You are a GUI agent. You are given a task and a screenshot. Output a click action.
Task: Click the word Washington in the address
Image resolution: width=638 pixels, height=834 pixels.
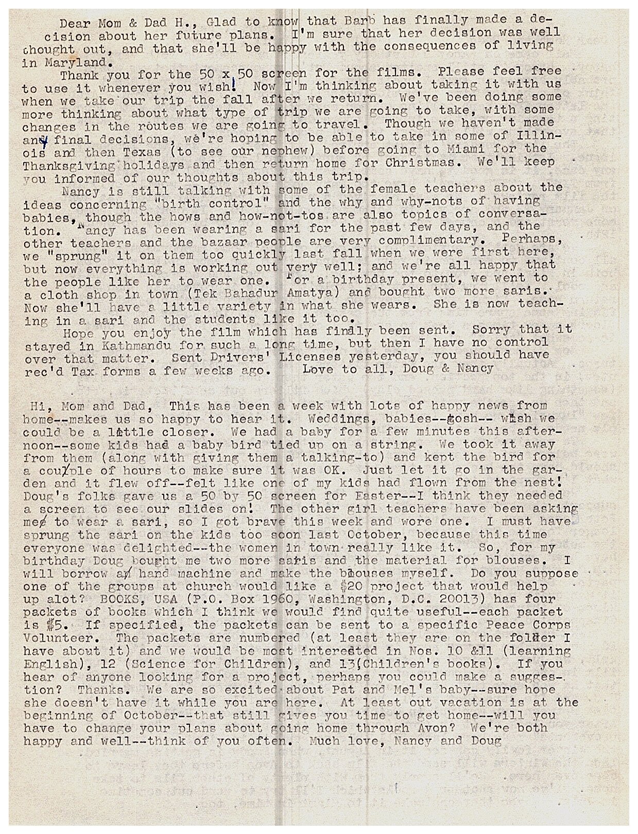[x=359, y=600]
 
